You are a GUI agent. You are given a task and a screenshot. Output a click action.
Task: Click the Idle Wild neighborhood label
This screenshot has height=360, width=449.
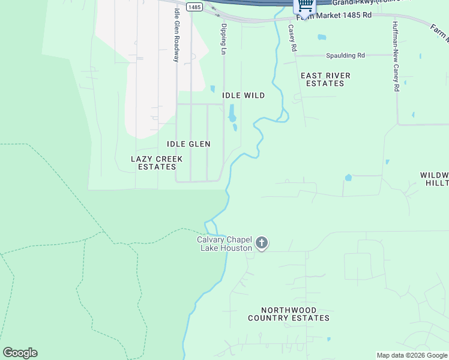pos(243,95)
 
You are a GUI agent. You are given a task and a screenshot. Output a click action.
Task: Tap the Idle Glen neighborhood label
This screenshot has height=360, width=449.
pos(188,144)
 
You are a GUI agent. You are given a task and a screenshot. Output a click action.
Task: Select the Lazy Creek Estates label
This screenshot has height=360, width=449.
pos(157,163)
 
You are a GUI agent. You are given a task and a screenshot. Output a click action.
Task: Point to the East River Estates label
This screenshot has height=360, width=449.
pos(325,79)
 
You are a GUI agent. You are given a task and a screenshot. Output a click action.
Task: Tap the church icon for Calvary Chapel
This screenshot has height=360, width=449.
pos(261,243)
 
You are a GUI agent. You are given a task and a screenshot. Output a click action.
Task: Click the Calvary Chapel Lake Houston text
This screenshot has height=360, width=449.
pos(225,244)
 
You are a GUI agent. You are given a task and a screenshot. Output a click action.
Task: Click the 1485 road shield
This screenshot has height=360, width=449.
pos(193,7)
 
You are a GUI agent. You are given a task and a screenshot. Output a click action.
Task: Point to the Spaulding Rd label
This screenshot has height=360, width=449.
pos(345,56)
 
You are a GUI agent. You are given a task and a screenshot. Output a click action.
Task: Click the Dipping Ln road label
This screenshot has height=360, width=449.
pos(224,39)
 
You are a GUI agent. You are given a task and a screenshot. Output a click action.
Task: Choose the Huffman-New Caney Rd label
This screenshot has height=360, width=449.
pos(396,57)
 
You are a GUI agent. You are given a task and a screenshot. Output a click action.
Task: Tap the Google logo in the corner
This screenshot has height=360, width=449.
pos(20,353)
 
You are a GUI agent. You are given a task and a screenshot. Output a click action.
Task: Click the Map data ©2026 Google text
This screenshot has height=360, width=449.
pos(412,355)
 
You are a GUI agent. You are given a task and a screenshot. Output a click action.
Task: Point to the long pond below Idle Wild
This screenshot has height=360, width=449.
pos(232,113)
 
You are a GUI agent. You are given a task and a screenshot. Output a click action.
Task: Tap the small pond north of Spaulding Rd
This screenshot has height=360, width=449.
pos(322,37)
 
